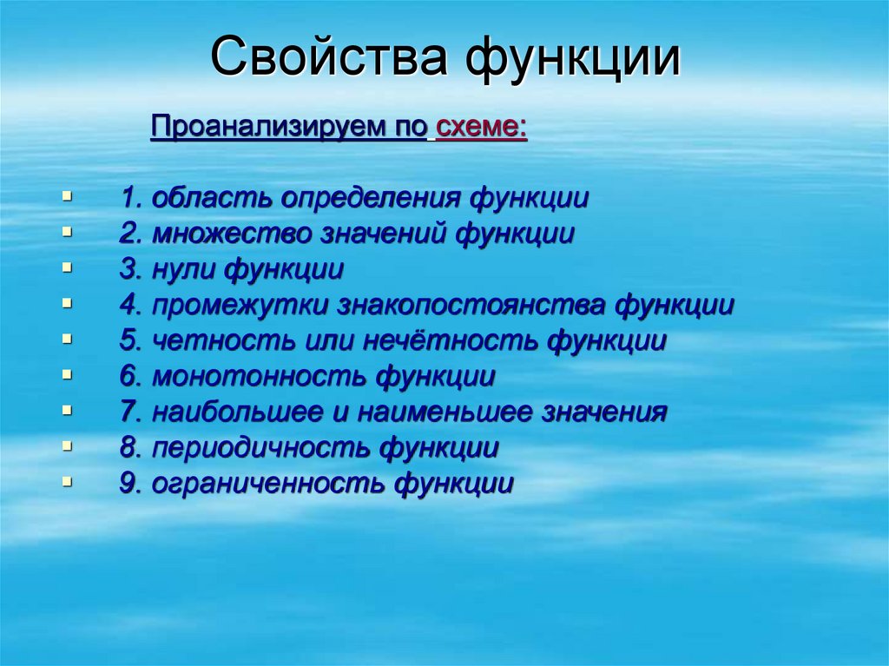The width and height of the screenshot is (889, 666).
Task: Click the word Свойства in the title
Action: pos(328,60)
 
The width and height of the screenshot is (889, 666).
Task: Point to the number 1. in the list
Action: pos(131,198)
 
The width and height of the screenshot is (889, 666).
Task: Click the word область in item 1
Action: pos(212,198)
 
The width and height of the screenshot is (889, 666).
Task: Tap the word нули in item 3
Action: pos(186,269)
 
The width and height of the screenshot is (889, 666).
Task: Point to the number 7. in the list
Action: pos(131,412)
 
